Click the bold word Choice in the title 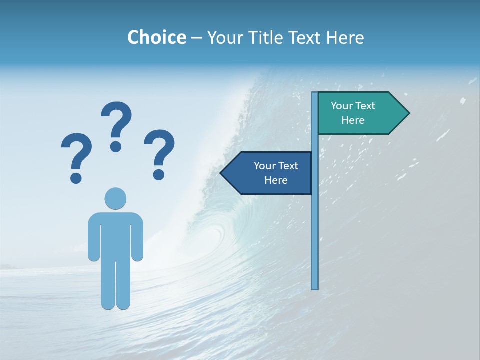[x=156, y=38]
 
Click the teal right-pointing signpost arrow [x=360, y=113]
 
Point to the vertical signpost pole [x=315, y=225]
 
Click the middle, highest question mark [x=116, y=120]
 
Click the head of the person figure [x=115, y=198]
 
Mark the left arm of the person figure [x=93, y=237]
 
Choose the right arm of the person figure [x=137, y=237]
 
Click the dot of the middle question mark [x=116, y=146]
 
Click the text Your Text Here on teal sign [x=353, y=113]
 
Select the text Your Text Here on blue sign [x=276, y=173]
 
